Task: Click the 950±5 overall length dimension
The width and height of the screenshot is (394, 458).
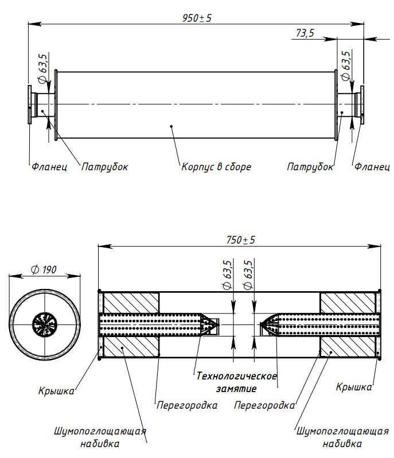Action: pyautogui.click(x=197, y=18)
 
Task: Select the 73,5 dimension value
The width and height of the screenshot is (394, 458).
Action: pyautogui.click(x=305, y=33)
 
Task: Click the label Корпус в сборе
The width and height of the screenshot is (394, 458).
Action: pyautogui.click(x=216, y=167)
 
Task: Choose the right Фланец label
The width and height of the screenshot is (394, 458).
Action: pyautogui.click(x=372, y=167)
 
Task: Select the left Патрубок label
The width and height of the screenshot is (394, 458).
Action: pyautogui.click(x=104, y=167)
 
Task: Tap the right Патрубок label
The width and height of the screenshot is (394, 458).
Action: pyautogui.click(x=310, y=167)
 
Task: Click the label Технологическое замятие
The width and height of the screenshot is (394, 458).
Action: pyautogui.click(x=236, y=382)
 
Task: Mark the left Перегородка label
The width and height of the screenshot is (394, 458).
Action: pyautogui.click(x=187, y=405)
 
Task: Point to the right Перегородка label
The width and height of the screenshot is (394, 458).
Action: pyautogui.click(x=264, y=405)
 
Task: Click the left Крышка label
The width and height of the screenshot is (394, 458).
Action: pyautogui.click(x=56, y=392)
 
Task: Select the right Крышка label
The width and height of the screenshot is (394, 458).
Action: pyautogui.click(x=354, y=387)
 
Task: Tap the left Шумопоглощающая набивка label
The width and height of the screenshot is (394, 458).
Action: pyautogui.click(x=100, y=437)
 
